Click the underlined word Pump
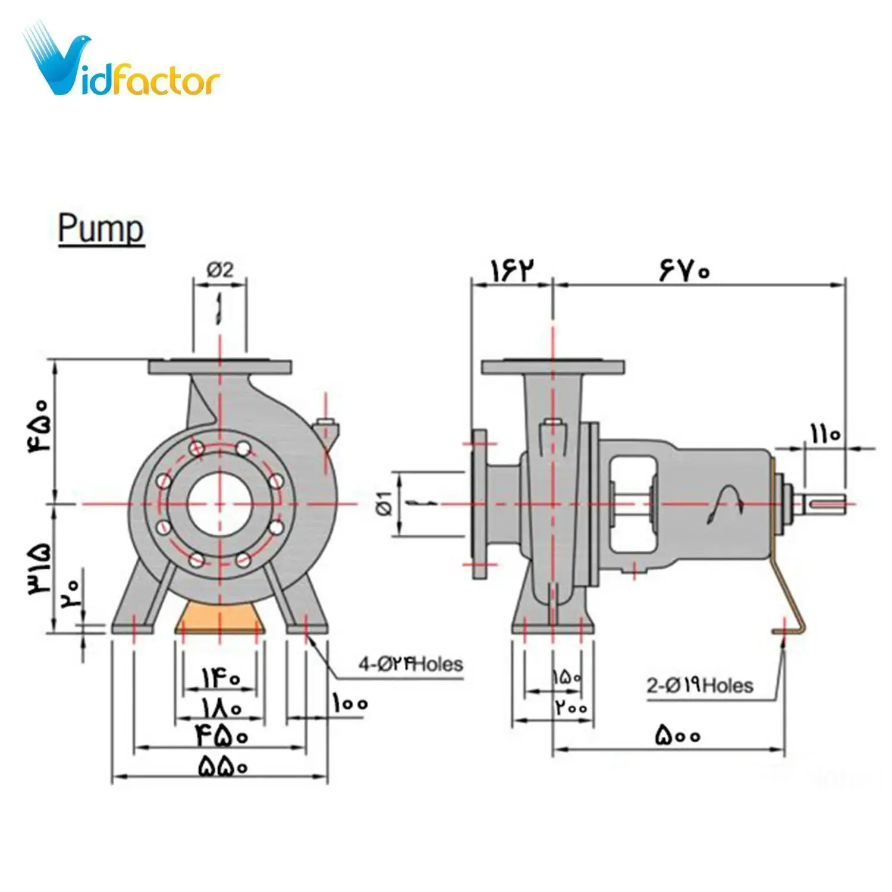click(101, 229)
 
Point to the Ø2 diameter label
click(220, 271)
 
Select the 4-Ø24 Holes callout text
click(410, 664)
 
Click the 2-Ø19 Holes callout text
click(700, 686)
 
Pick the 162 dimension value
click(511, 271)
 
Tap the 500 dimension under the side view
click(678, 736)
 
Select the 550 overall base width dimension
click(222, 766)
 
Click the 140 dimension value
click(221, 678)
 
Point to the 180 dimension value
click(221, 708)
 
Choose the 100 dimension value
click(350, 704)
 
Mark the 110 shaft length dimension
click(825, 434)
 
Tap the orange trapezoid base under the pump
click(220, 618)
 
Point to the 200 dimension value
click(571, 708)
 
